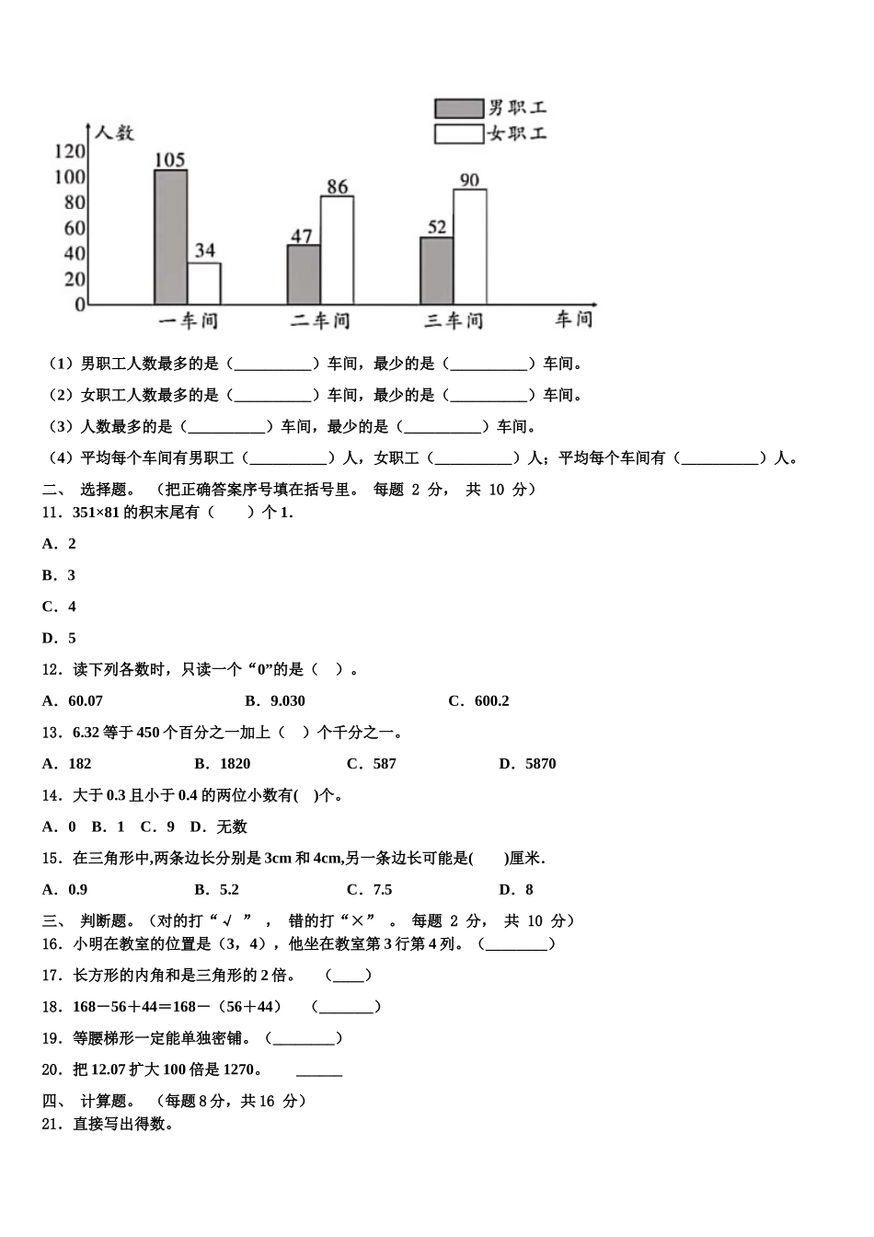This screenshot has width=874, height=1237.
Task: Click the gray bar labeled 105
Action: click(170, 237)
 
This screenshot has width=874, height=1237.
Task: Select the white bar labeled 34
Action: click(203, 283)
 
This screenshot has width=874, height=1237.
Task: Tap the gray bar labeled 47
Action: click(304, 274)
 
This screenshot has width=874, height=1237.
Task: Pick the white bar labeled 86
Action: click(337, 249)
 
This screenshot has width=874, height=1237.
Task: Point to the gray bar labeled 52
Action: click(436, 271)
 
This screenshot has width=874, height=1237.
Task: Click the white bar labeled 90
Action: click(469, 247)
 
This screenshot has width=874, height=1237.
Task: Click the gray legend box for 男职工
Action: click(458, 109)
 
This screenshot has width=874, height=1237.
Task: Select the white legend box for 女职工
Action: click(458, 134)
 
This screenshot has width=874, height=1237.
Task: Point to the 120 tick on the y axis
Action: click(70, 151)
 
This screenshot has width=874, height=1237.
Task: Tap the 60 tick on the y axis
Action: click(74, 227)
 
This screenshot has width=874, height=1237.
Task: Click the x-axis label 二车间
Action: click(320, 320)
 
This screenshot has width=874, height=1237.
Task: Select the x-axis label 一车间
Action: click(188, 320)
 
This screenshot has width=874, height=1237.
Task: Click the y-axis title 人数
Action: click(114, 133)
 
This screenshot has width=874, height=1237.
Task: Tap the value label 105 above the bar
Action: click(170, 160)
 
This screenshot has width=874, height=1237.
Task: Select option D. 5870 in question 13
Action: click(527, 763)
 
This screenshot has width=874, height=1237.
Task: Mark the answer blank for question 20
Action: click(318, 1069)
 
